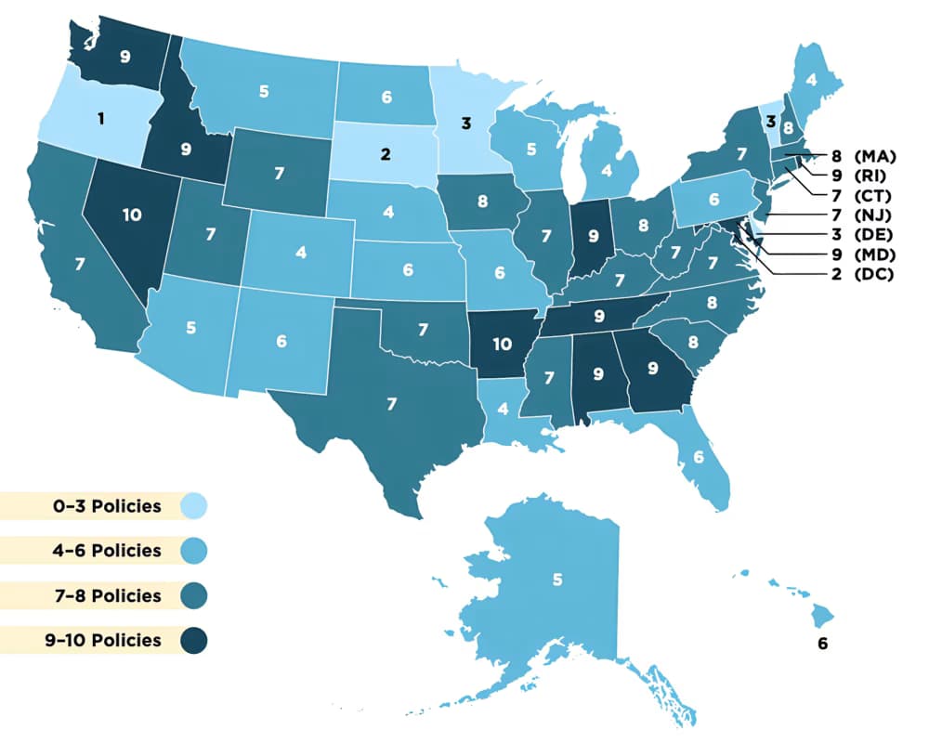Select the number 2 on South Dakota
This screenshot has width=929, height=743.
coord(386,153)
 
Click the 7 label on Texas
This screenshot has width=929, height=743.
coord(391,404)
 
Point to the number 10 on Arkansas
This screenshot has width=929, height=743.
coord(503,344)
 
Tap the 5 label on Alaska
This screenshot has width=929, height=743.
coord(557,580)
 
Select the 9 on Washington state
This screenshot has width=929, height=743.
coord(125,56)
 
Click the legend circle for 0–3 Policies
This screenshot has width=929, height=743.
coord(194,506)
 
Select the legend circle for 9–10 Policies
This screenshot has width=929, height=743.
coord(194,640)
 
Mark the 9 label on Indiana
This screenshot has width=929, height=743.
coord(592,237)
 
